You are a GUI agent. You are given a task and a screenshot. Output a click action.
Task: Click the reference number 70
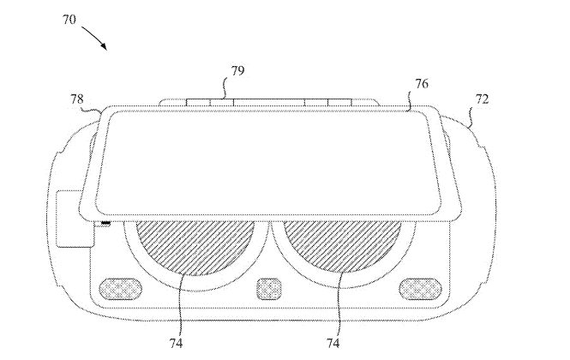[69, 19]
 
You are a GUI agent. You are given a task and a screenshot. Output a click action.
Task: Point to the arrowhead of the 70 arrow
[105, 46]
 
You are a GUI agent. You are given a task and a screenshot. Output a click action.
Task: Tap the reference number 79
[237, 70]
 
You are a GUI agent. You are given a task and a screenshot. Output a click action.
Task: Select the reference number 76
[422, 84]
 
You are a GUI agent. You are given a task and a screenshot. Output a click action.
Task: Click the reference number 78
[76, 99]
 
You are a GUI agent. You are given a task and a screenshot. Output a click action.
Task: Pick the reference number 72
[482, 99]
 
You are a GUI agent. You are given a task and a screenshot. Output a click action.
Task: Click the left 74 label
[176, 343]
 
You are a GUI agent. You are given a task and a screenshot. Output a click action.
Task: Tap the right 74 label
[333, 343]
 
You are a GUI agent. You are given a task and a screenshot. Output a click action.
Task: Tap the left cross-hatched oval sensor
[120, 289]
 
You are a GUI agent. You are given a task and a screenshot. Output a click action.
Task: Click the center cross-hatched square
[269, 289]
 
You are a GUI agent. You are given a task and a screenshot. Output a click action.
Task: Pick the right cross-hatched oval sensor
[421, 289]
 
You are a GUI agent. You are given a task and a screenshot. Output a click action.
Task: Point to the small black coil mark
[105, 223]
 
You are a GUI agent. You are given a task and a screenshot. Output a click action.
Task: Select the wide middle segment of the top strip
[268, 103]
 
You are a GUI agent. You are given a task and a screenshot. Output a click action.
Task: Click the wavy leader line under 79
[225, 87]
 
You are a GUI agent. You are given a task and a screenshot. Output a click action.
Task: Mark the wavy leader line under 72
[471, 116]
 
